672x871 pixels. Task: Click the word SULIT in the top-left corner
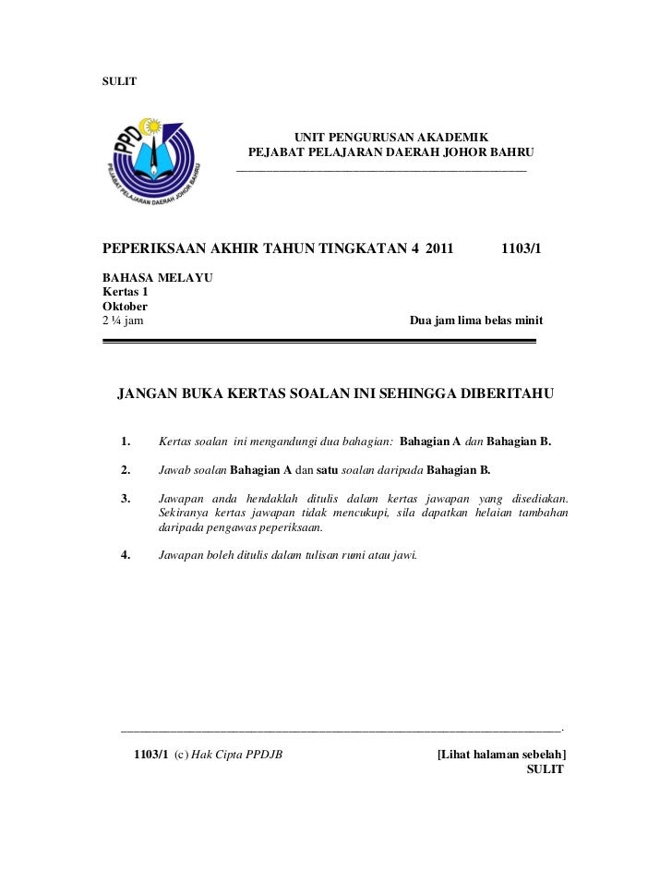pos(119,81)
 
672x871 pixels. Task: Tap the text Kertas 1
pos(125,292)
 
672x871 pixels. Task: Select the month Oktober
pos(125,306)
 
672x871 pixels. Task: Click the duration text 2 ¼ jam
pos(122,321)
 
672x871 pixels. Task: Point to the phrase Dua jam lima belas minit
pos(475,321)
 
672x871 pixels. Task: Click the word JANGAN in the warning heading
pos(150,395)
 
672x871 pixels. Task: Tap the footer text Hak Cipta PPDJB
pos(236,755)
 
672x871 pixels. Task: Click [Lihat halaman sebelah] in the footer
pos(501,755)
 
